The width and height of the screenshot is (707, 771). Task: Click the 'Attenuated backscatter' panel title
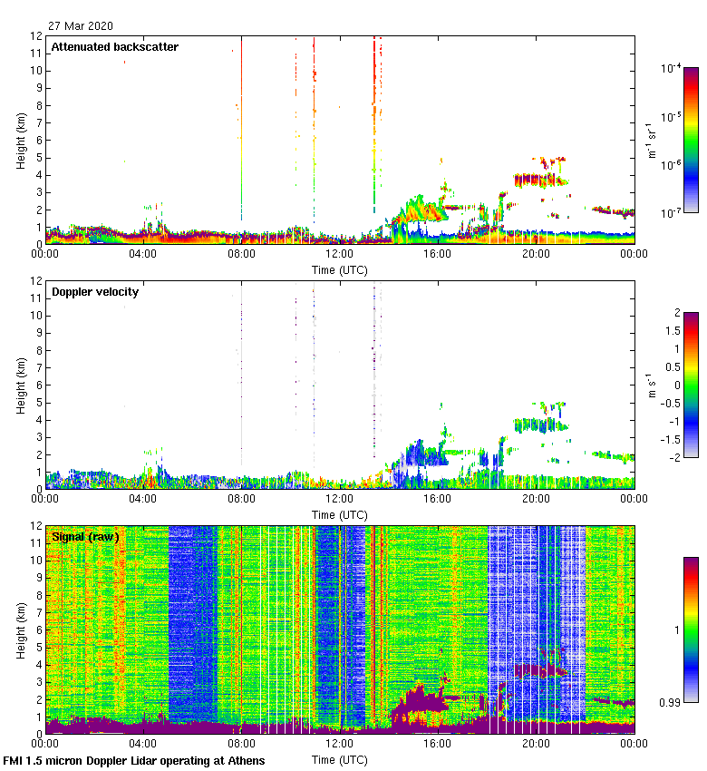pos(114,47)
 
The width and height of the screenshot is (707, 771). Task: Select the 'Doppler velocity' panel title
pos(95,292)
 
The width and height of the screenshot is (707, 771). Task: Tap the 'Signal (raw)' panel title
pos(85,537)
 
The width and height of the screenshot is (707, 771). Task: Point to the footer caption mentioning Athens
pos(134,760)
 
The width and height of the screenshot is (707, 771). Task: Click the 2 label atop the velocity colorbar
pos(677,313)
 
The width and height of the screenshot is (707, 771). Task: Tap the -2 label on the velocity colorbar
pos(674,457)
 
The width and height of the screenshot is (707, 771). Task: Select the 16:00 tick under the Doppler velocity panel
pos(437,499)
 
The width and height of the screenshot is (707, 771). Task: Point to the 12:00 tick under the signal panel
pos(339,744)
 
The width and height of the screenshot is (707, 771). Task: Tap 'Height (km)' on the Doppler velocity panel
pos(20,386)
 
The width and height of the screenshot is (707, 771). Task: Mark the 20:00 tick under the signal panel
pos(535,744)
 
